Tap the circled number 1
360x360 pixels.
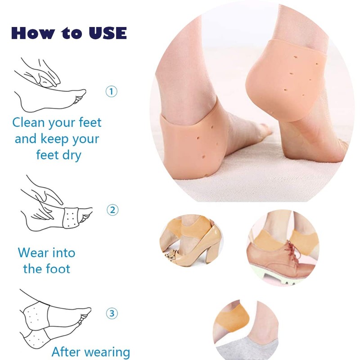112,92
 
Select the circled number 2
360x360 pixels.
112,210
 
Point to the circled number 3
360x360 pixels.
112,313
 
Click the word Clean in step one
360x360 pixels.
29,122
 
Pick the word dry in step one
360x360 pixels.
72,155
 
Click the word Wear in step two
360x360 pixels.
34,252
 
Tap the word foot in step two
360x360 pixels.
58,269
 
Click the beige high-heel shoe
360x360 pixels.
198,247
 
